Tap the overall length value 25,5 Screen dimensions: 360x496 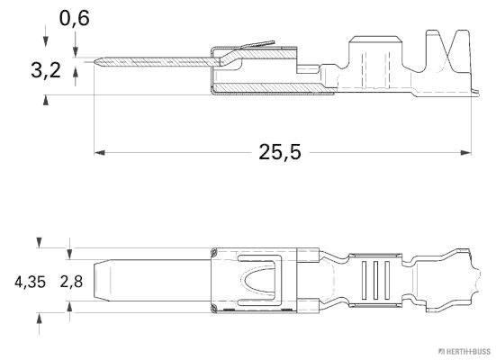pos(280,152)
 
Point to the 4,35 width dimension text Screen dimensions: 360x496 pos(30,282)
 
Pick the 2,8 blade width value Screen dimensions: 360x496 pos(71,282)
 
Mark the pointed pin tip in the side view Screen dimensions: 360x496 pos(96,62)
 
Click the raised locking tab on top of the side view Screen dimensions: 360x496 pos(257,45)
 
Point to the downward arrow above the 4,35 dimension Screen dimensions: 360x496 pos(39,242)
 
